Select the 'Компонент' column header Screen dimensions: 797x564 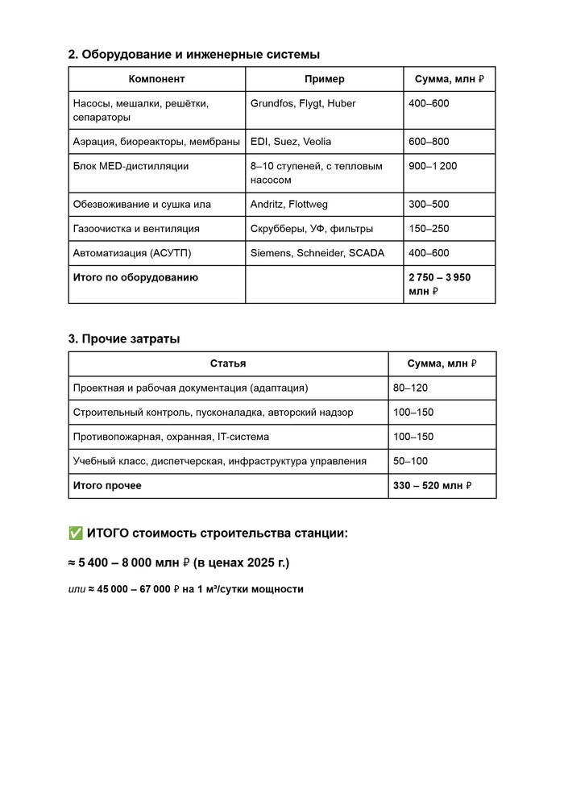pyautogui.click(x=156, y=79)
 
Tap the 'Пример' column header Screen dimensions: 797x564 pyautogui.click(x=324, y=79)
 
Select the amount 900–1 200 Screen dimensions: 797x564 pyautogui.click(x=433, y=167)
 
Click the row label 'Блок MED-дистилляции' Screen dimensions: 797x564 pyautogui.click(x=131, y=167)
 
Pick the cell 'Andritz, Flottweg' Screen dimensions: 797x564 pyautogui.click(x=289, y=205)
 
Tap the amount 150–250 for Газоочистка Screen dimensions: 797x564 pyautogui.click(x=429, y=229)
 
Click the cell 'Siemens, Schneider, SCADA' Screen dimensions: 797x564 pyautogui.click(x=317, y=253)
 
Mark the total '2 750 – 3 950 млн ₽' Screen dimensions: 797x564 pyautogui.click(x=439, y=284)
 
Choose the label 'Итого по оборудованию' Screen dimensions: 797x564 pyautogui.click(x=135, y=277)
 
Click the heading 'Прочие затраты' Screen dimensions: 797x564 pyautogui.click(x=124, y=339)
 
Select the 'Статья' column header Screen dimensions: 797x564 pyautogui.click(x=228, y=363)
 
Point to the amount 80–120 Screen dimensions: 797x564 pyautogui.click(x=410, y=388)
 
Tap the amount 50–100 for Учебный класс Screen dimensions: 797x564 pyautogui.click(x=410, y=461)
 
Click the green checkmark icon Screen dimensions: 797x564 pyautogui.click(x=76, y=533)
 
